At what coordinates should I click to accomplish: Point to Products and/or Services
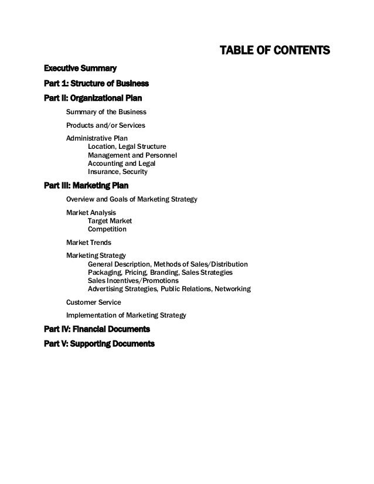pyautogui.click(x=105, y=125)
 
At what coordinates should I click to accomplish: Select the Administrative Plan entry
pyautogui.click(x=97, y=139)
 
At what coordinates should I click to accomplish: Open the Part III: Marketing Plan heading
pyautogui.click(x=86, y=186)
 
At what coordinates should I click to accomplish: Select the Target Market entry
pyautogui.click(x=110, y=221)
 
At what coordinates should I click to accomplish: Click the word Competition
pyautogui.click(x=107, y=229)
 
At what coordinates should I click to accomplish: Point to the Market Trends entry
pyautogui.click(x=89, y=242)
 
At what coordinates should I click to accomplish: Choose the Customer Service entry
pyautogui.click(x=94, y=302)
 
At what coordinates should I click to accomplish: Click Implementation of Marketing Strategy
pyautogui.click(x=126, y=315)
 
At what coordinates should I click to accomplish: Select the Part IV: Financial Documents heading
pyautogui.click(x=97, y=329)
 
